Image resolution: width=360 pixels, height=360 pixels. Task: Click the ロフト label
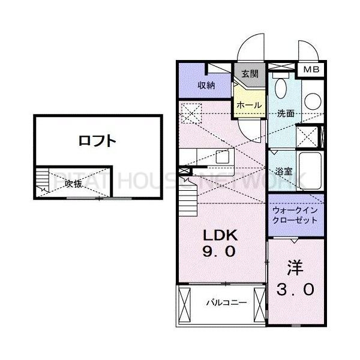[97, 142]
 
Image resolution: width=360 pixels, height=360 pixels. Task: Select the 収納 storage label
[206, 86]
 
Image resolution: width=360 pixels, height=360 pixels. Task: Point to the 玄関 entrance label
[250, 74]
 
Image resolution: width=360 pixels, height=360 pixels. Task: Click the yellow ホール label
[249, 105]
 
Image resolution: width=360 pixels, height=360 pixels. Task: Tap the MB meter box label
[311, 70]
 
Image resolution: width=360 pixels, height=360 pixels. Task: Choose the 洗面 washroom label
[285, 113]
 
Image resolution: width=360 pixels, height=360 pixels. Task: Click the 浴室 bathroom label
[283, 171]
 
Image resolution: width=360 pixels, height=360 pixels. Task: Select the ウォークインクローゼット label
[295, 216]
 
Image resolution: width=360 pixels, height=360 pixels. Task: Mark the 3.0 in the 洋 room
[295, 290]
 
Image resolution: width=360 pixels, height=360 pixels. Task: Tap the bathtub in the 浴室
[310, 170]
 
